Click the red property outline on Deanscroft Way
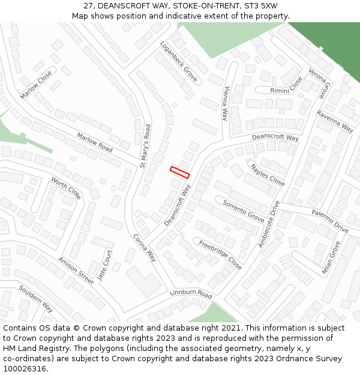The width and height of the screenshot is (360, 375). (179, 172)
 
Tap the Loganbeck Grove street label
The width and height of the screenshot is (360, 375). (179, 61)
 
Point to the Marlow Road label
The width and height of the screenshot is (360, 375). (94, 143)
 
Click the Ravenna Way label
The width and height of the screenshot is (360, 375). (335, 121)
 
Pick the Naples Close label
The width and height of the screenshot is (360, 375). (268, 175)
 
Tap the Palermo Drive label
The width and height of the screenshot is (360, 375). (329, 221)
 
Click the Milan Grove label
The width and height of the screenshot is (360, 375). (331, 257)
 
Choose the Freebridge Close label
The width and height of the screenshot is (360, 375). (221, 254)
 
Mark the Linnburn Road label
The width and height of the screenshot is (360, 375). (191, 294)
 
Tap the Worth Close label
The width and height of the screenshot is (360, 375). (66, 188)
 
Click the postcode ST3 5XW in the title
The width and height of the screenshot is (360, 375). (257, 5)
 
